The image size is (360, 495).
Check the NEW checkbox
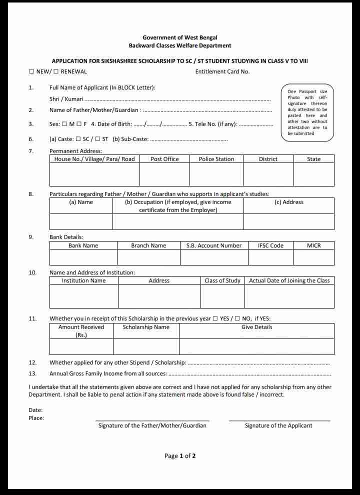(x=31, y=71)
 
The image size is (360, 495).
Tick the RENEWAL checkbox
(x=56, y=71)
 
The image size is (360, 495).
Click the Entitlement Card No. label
(x=222, y=71)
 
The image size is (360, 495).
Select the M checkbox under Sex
(x=64, y=124)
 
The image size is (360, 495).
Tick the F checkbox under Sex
(x=79, y=124)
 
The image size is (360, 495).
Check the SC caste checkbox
(x=78, y=139)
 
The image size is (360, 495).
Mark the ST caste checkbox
(x=97, y=139)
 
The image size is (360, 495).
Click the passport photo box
(x=307, y=112)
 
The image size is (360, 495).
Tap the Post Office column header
(x=164, y=159)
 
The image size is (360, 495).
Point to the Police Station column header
(x=216, y=159)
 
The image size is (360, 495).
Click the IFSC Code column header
(x=270, y=245)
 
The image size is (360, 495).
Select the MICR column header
(x=313, y=245)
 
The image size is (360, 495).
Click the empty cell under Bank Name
(x=83, y=257)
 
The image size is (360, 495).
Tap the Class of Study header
(x=222, y=280)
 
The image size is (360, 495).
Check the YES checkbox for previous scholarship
(x=215, y=318)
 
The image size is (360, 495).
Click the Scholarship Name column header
(x=146, y=327)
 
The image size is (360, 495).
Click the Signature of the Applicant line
(x=279, y=420)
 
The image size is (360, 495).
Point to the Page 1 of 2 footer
(x=180, y=456)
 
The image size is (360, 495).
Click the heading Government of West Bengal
(x=180, y=37)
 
